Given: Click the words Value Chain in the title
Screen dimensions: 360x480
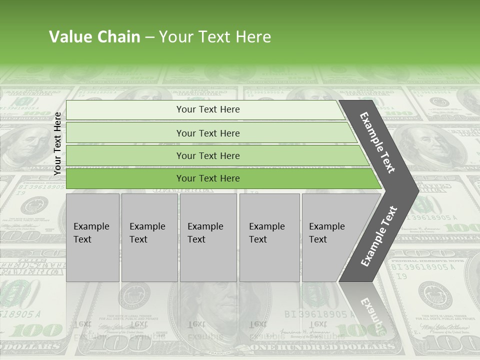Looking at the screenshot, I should pos(94,37).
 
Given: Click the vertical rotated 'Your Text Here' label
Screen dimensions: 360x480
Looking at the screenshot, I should pos(57,143).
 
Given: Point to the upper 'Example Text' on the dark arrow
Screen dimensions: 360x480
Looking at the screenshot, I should pos(377,142).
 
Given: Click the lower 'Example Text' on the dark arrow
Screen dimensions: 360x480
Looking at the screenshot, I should pos(379,236).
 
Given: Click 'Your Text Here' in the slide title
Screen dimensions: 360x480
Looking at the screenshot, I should pos(215,37).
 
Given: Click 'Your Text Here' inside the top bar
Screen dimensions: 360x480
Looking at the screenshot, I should pos(208,109).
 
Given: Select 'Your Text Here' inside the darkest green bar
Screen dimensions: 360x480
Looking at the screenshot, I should pos(208,178).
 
